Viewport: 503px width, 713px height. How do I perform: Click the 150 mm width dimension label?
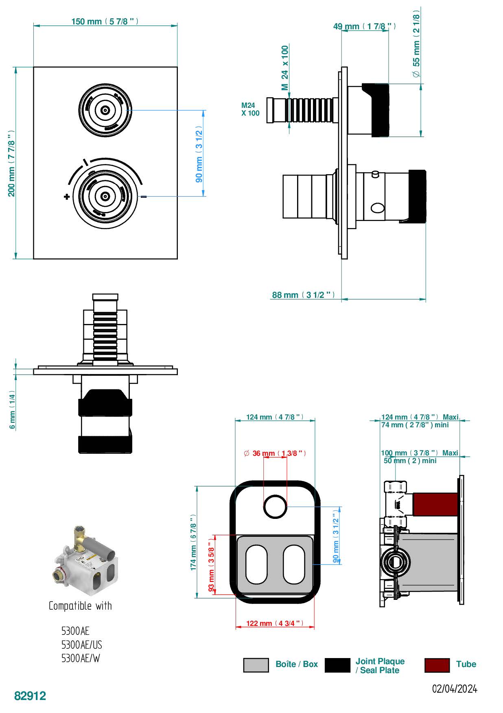pyautogui.click(x=105, y=21)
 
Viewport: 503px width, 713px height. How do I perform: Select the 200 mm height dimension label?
pyautogui.click(x=12, y=163)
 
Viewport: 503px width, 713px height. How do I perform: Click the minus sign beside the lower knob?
pyautogui.click(x=143, y=197)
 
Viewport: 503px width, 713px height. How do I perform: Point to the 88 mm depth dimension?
pyautogui.click(x=303, y=295)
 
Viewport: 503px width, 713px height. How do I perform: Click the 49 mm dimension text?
pyautogui.click(x=364, y=26)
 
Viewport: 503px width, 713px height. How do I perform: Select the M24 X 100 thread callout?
pyautogui.click(x=250, y=109)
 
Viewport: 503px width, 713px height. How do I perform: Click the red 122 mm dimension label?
pyautogui.click(x=275, y=623)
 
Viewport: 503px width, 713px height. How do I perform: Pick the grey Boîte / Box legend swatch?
pyautogui.click(x=256, y=665)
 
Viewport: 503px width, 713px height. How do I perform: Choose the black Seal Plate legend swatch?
pyautogui.click(x=337, y=665)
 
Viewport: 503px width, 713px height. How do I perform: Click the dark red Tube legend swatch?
pyautogui.click(x=437, y=665)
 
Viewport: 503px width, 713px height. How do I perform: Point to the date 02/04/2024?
pyautogui.click(x=455, y=689)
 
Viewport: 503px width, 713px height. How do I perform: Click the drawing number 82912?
pyautogui.click(x=30, y=696)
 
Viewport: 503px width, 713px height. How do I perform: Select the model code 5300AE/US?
pyautogui.click(x=81, y=645)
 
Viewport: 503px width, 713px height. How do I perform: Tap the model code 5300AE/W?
pyautogui.click(x=81, y=658)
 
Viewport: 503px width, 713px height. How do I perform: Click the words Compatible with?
pyautogui.click(x=80, y=606)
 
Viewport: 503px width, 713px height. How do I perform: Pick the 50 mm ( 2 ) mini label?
pyautogui.click(x=410, y=461)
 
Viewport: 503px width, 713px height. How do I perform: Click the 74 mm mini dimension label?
pyautogui.click(x=415, y=425)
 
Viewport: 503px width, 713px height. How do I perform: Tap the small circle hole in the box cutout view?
pyautogui.click(x=276, y=507)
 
